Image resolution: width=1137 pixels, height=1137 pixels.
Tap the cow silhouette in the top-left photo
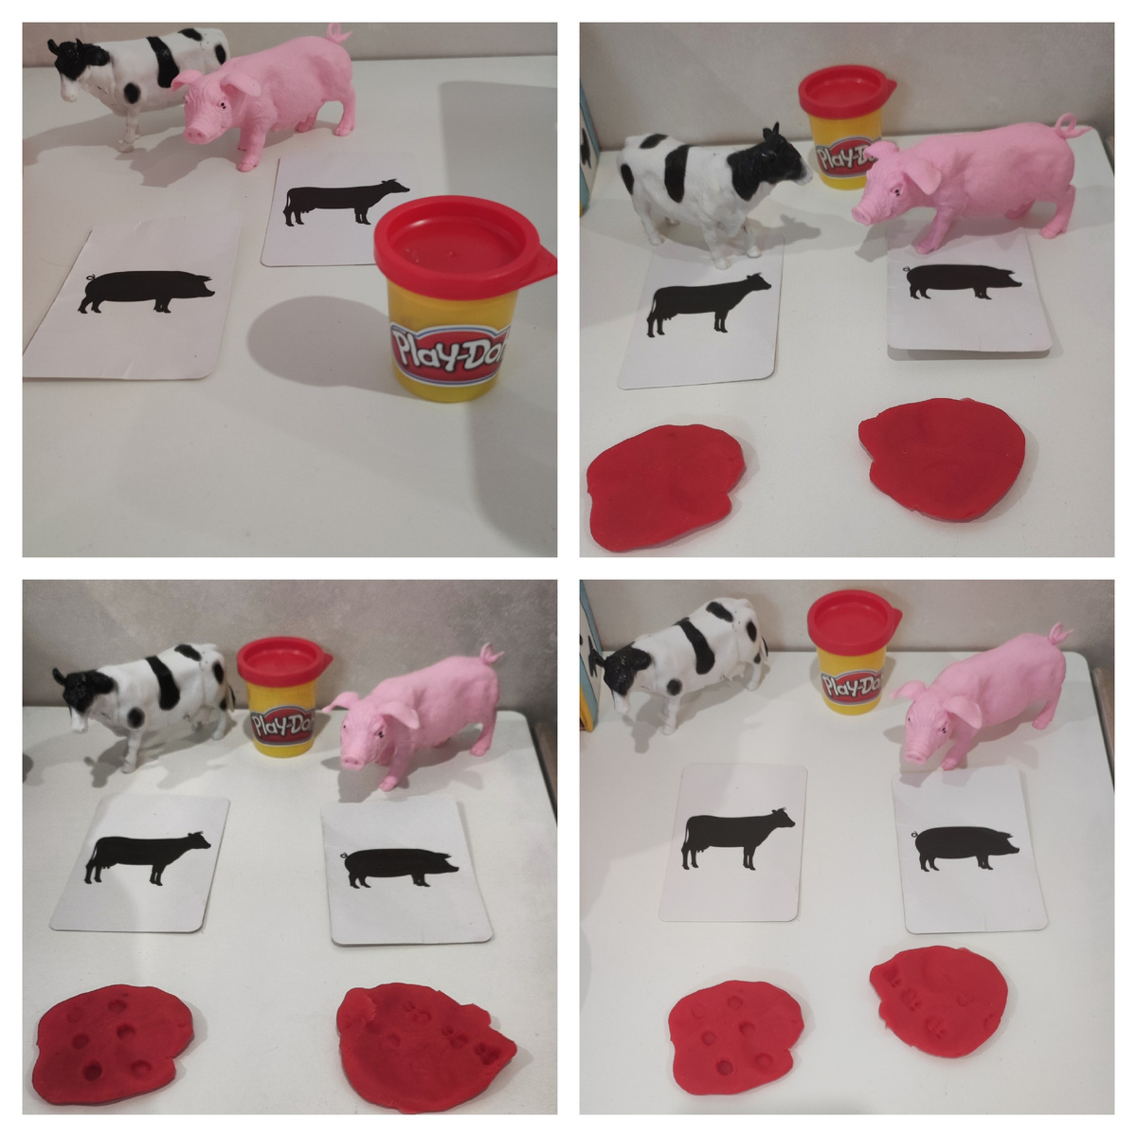click(346, 203)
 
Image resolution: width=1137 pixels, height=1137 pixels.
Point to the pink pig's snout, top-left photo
click(198, 134)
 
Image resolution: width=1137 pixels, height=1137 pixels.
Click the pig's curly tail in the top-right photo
click(1069, 126)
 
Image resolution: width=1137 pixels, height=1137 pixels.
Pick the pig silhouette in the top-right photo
click(961, 280)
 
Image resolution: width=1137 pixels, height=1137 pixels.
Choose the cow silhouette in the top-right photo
click(708, 304)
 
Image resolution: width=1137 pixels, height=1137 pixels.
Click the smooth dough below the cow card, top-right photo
click(665, 486)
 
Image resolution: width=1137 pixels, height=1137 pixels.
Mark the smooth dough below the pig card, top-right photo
click(942, 459)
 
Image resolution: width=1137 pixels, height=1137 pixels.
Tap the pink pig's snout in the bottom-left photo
click(352, 762)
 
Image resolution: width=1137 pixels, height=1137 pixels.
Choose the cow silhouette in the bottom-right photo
click(737, 839)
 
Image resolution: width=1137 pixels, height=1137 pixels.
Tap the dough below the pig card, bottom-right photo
click(939, 1000)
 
